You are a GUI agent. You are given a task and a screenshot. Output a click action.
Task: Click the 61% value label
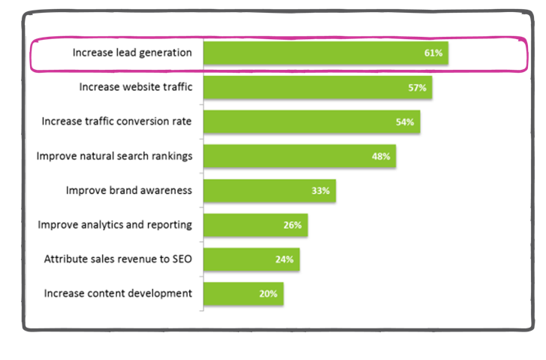pos(433,53)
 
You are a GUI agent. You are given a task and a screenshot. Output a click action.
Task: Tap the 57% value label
pos(418,88)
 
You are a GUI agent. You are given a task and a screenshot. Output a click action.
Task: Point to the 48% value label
pos(381,156)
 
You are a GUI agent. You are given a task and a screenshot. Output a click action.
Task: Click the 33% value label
pos(321,191)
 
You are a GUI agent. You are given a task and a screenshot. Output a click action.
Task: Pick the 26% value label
pos(292,225)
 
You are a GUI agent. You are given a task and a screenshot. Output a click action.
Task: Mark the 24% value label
pos(285,259)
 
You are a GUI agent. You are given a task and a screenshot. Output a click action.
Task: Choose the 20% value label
pos(268,294)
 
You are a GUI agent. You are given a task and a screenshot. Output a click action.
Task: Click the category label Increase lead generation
pos(131,53)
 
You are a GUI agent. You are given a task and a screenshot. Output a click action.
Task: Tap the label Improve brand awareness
pos(128,190)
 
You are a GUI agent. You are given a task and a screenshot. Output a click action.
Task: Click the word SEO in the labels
pos(182,259)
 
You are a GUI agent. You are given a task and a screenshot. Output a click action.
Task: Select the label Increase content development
pos(118,293)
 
